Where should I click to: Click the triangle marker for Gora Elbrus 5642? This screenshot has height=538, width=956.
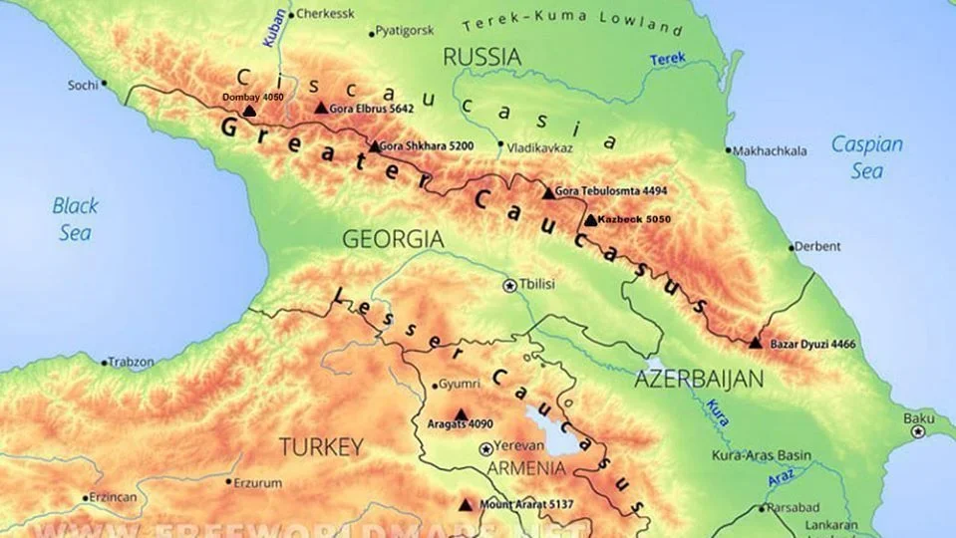321,108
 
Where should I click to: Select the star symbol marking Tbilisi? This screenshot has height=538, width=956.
510,285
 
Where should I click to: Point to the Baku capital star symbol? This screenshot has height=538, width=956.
918,430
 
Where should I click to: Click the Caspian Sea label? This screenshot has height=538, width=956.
866,156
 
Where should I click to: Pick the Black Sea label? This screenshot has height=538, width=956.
75,219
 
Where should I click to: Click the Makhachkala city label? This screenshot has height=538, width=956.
770,151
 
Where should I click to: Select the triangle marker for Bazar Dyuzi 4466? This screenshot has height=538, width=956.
755,343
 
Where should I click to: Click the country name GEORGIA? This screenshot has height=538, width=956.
392,239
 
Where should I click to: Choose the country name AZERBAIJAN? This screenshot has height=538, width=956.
698,379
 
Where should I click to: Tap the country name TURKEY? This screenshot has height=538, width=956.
321,446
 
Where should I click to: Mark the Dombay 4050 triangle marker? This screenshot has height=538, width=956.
249,112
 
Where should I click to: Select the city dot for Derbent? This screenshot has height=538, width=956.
793,247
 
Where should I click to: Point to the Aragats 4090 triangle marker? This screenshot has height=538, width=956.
461,414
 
